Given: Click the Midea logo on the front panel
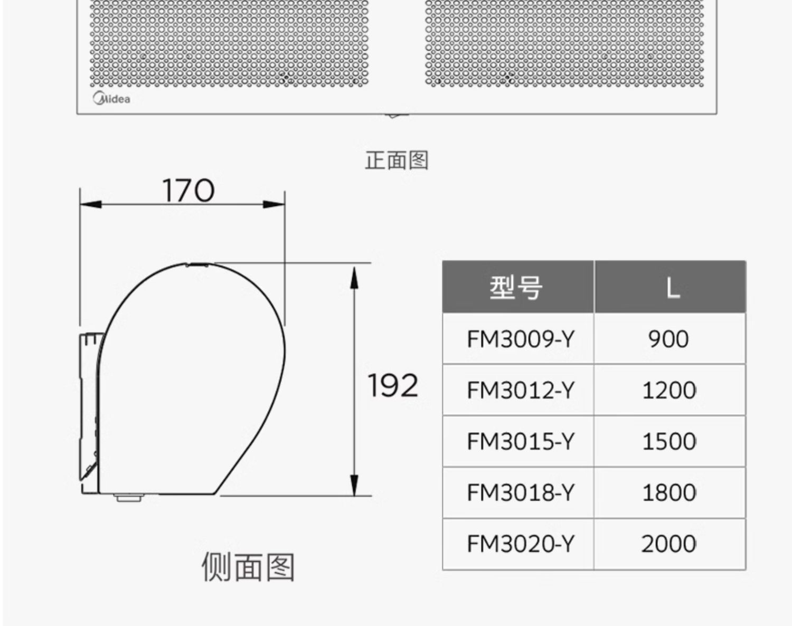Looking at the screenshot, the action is [111, 99].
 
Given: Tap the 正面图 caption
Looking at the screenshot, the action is [397, 160].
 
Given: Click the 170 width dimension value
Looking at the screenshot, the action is [188, 191].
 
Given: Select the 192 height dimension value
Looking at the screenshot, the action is [393, 385].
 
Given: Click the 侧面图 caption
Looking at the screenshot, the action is [248, 567].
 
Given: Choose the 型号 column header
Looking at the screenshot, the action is [517, 288].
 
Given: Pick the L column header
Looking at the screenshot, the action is [671, 288].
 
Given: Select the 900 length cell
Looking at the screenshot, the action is [668, 339].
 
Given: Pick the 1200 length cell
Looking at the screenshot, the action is [669, 391].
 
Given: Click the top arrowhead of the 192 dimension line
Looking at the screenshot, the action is [354, 277].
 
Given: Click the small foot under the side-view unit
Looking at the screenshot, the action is [128, 497].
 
